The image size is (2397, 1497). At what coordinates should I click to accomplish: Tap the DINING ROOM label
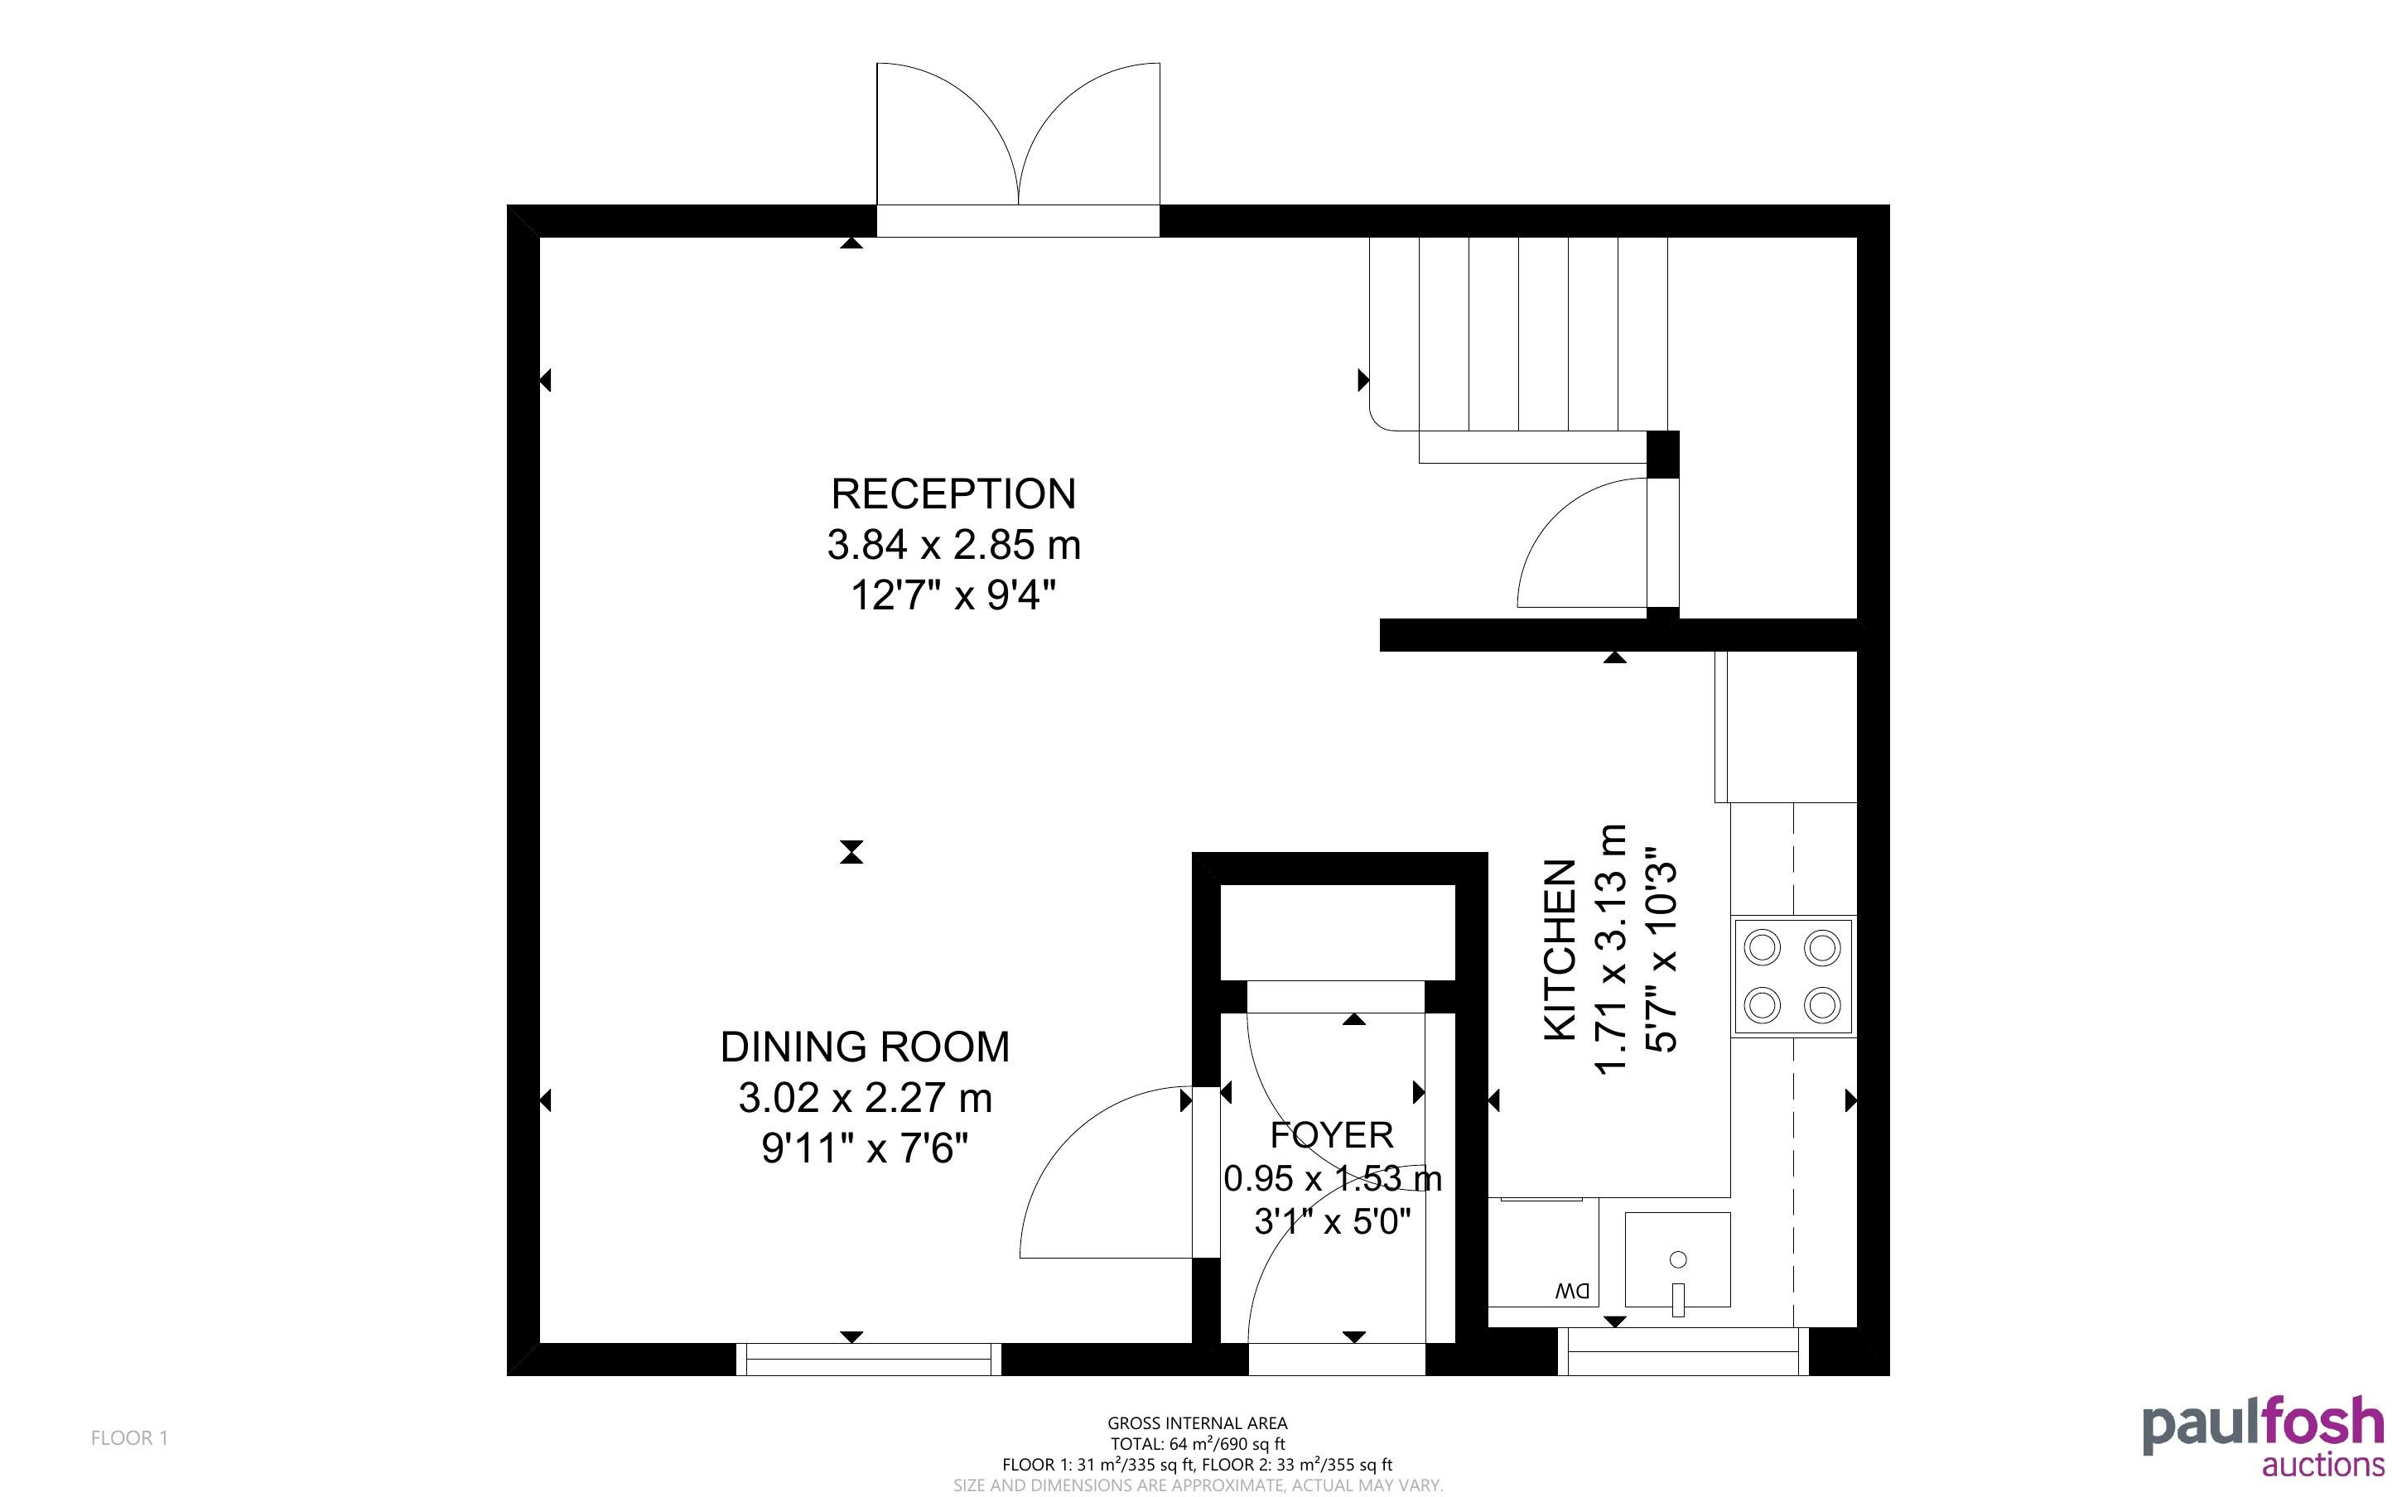point(865,1047)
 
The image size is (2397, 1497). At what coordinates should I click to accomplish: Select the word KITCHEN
point(1560,950)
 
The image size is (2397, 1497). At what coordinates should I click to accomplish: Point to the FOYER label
point(1332,1134)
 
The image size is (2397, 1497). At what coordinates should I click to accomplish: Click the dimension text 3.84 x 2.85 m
point(953,546)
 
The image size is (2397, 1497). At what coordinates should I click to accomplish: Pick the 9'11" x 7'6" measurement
point(865,1148)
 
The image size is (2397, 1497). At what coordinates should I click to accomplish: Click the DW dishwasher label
point(1571,1291)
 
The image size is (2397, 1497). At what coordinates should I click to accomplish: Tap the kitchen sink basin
point(1677,1259)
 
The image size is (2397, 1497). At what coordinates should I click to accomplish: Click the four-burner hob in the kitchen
point(1793,976)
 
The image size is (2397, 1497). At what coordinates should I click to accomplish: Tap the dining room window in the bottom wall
point(868,1360)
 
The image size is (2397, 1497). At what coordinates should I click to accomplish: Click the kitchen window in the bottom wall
point(1683,1352)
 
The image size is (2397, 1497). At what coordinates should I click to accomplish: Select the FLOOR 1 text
point(130,1437)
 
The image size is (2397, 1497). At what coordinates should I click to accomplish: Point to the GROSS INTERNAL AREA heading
point(1197,1424)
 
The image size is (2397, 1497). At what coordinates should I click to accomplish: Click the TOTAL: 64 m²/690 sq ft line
point(1197,1443)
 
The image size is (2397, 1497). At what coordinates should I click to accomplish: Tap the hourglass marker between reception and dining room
point(851,851)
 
